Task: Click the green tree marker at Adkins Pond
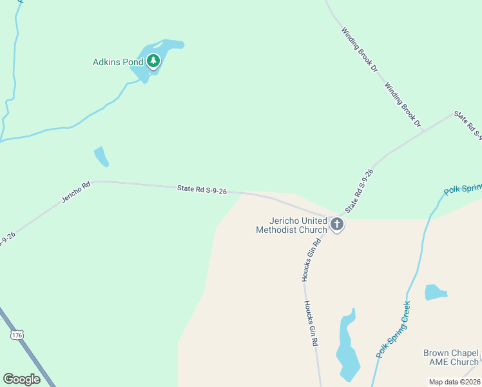tap(153, 61)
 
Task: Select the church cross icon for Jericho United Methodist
tap(336, 224)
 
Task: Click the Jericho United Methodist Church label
tap(291, 225)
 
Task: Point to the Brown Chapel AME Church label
tap(450, 357)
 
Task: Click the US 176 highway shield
tap(17, 335)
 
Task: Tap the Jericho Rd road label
tap(76, 192)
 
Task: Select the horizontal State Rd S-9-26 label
tap(202, 190)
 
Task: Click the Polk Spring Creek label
tap(394, 329)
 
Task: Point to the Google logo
tap(21, 379)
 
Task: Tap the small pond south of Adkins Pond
tap(101, 155)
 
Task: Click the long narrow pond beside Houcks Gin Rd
tap(347, 348)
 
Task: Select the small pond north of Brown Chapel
tap(435, 292)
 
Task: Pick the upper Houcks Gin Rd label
tap(310, 260)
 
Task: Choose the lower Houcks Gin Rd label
tap(312, 324)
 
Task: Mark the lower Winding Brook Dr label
tap(402, 104)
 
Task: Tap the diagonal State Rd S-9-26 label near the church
tap(359, 192)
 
